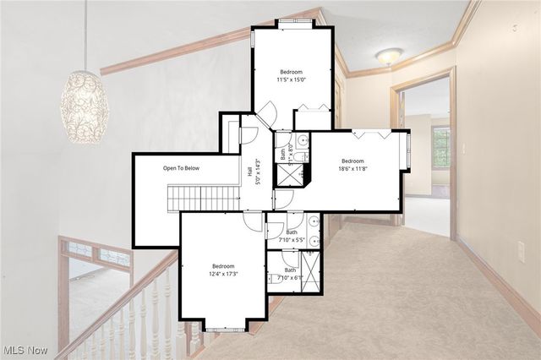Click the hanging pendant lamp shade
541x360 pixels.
tap(85, 106)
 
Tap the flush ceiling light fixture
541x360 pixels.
tap(389, 57)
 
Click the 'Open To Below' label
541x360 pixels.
tap(182, 168)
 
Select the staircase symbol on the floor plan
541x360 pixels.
tap(204, 198)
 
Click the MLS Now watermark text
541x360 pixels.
tap(25, 350)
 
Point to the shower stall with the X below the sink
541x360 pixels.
tap(290, 175)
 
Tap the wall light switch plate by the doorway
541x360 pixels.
tap(462, 149)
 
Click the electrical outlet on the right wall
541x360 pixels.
tap(521, 252)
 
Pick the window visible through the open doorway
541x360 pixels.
tap(440, 147)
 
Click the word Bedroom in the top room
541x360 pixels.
tap(292, 72)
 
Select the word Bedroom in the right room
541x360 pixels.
tap(352, 161)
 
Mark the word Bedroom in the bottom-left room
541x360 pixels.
tap(224, 265)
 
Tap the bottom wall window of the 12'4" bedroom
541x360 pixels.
tap(224, 328)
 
